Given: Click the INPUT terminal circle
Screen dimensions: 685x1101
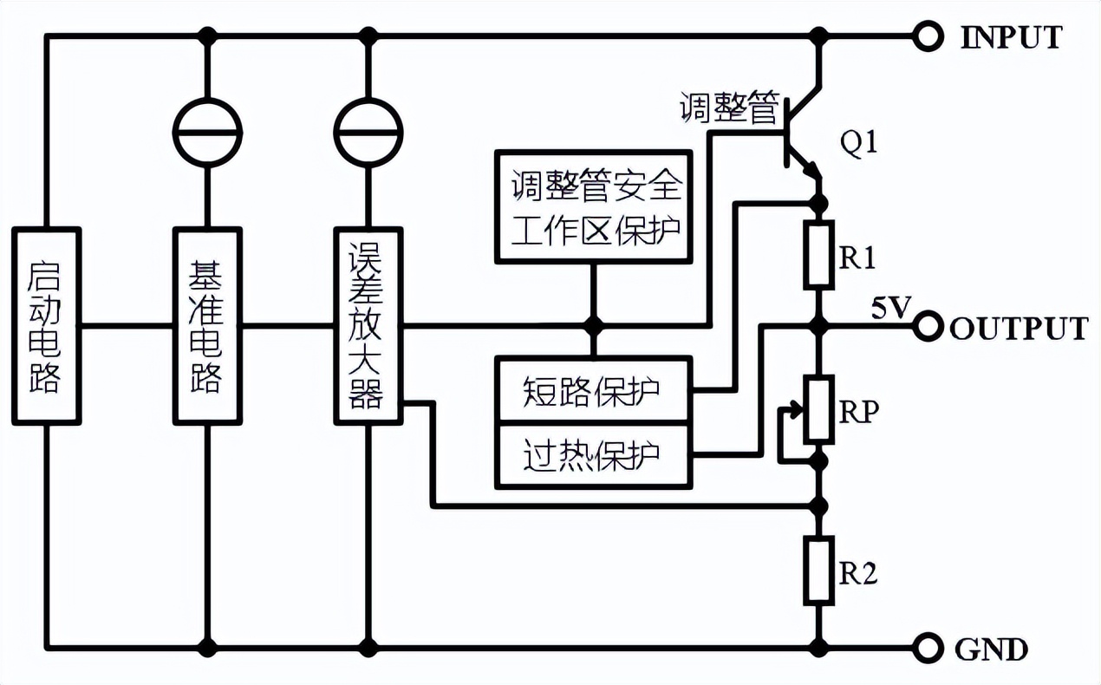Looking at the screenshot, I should (x=928, y=36).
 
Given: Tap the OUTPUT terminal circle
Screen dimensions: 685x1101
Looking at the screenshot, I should (x=928, y=327).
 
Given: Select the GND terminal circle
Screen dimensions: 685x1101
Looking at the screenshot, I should (x=928, y=647).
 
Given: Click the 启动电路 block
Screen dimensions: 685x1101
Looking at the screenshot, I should (x=47, y=326).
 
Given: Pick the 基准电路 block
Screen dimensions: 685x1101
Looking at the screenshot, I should (x=207, y=326).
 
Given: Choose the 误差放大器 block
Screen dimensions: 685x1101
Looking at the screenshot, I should (x=369, y=326).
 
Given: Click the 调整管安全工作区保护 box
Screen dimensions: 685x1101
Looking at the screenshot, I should (x=594, y=206).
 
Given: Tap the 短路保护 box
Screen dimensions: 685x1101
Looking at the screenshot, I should (x=594, y=390).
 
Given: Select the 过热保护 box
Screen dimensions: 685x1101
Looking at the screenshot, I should (x=594, y=453).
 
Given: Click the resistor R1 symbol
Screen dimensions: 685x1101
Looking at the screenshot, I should (x=818, y=255).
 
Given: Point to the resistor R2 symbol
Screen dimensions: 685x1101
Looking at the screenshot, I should (x=818, y=570).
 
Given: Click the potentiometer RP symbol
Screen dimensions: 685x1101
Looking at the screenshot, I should (x=818, y=409).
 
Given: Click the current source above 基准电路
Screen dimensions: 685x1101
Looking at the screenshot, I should (x=207, y=132).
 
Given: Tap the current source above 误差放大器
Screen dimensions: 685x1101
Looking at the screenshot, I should (x=369, y=132).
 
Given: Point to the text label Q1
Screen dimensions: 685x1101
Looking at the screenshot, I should (x=859, y=144).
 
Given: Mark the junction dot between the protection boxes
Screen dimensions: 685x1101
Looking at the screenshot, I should (x=594, y=326).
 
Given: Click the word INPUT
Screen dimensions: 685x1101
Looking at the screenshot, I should (x=1010, y=37).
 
